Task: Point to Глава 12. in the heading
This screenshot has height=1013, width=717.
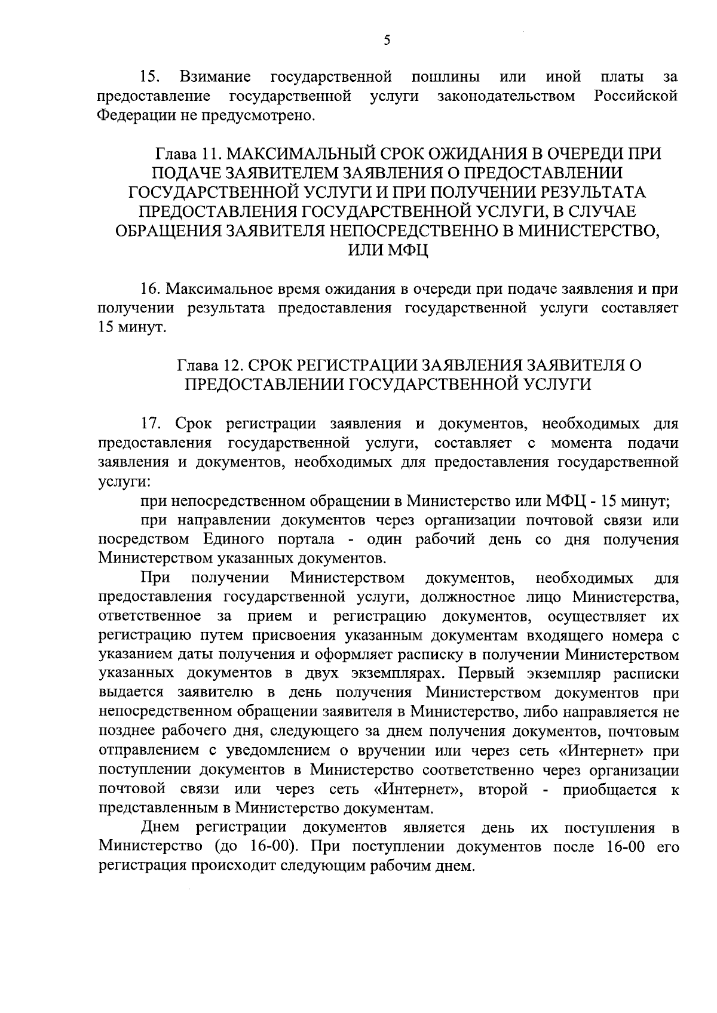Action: (210, 365)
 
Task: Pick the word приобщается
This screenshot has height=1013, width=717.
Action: (609, 790)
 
